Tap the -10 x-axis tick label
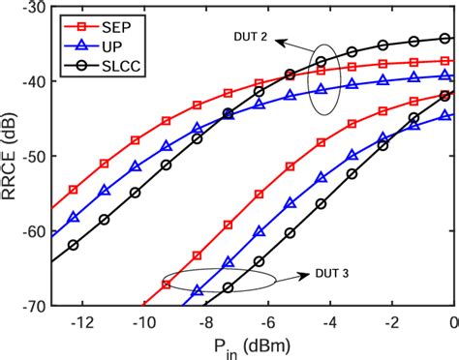point(142,322)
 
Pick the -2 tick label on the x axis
point(392,322)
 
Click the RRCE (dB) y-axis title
point(11,156)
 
